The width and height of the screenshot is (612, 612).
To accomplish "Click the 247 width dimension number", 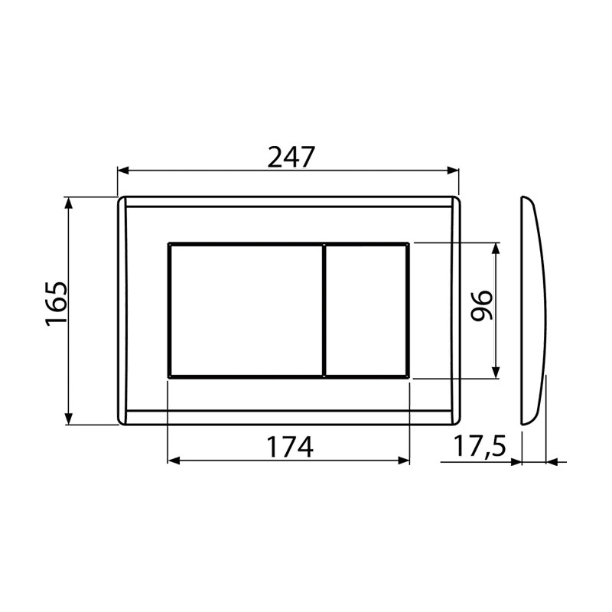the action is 291,158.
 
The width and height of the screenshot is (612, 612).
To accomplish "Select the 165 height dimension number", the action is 56,303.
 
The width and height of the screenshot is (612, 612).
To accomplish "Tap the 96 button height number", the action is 481,305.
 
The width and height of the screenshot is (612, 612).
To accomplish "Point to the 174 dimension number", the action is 290,447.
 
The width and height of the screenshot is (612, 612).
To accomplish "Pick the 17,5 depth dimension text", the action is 480,447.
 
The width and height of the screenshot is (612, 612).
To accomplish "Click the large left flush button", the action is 246,311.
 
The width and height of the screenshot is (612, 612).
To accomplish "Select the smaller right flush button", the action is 367,311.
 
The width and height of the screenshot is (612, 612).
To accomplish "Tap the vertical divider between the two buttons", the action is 324,311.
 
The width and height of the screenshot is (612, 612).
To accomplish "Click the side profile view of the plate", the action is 533,311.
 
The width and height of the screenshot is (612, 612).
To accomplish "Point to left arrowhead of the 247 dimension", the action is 123,171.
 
